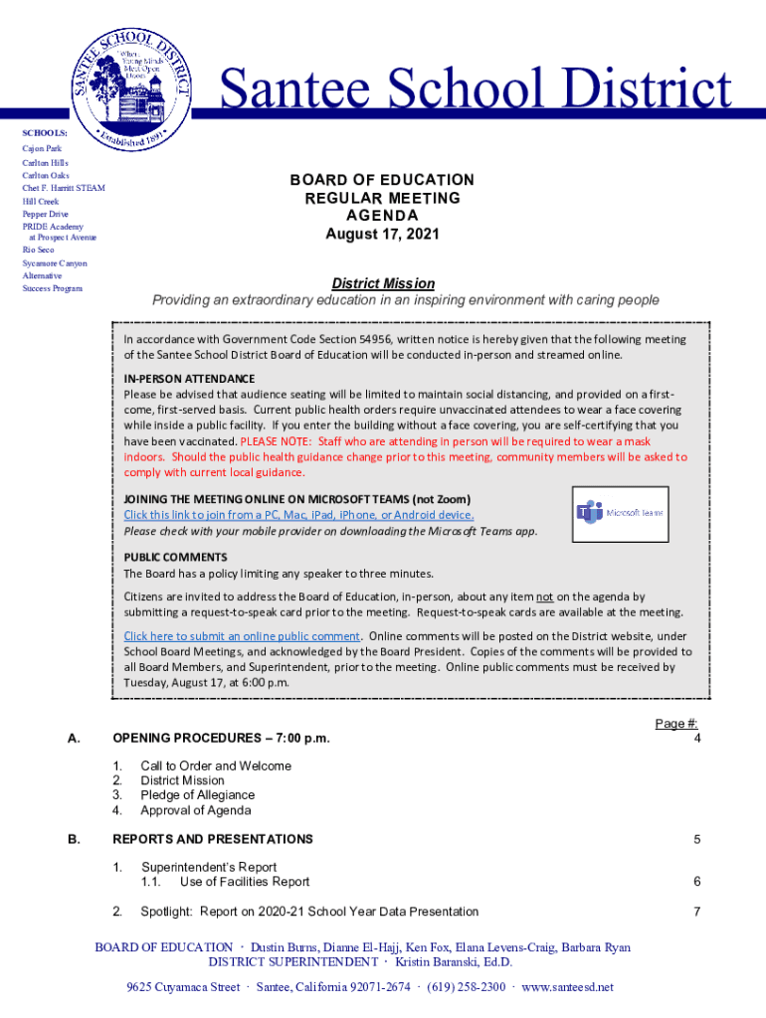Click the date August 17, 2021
coord(382,235)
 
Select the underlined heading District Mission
coord(382,283)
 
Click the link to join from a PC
coord(298,515)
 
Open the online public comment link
coord(242,636)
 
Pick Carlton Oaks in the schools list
coord(46,175)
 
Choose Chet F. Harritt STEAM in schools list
coord(64,188)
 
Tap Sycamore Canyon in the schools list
coord(55,263)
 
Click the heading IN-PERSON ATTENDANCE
coord(189,379)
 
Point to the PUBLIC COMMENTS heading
coord(175,557)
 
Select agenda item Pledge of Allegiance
coord(197,795)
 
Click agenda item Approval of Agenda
coord(195,810)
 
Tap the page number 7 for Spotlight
coord(697,912)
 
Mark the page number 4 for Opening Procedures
coord(697,739)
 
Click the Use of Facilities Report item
coord(244,882)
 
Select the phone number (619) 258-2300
coord(467,987)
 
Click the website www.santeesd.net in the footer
coord(567,987)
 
